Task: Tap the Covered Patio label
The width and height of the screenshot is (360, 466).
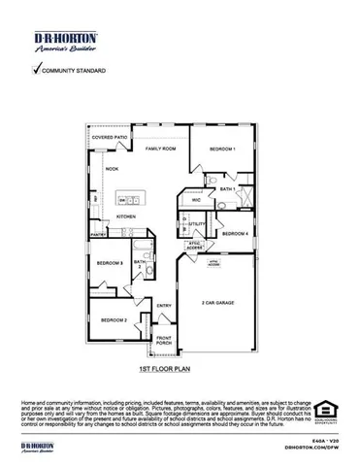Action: coord(110,139)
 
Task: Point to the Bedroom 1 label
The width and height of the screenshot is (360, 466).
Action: coord(222,149)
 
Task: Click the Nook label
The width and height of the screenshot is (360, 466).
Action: coord(112,169)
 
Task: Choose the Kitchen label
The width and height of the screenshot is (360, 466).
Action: coord(126,216)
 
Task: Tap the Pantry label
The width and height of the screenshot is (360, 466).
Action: coord(98,235)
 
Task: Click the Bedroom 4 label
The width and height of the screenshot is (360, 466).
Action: coord(235,234)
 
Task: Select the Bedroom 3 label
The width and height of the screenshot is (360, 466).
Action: coord(109,263)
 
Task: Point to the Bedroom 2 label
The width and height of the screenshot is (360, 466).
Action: coord(114,319)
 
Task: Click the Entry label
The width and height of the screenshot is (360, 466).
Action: coord(164,306)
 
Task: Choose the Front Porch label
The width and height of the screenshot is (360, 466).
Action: coord(164,343)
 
